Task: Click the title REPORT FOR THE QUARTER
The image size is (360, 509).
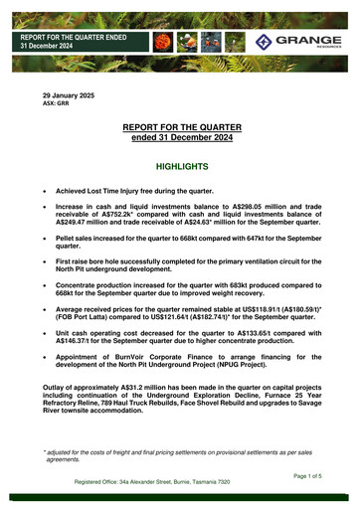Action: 179,129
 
